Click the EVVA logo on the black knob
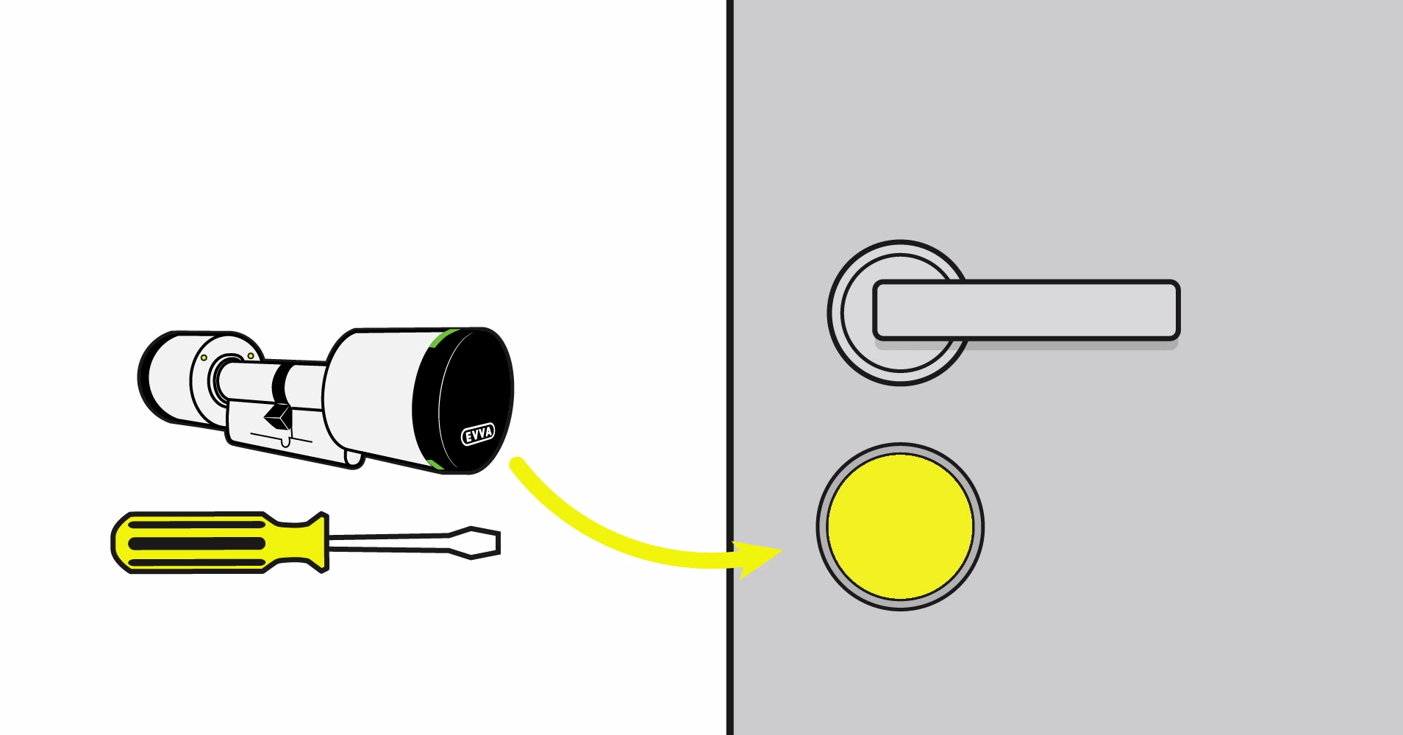(478, 434)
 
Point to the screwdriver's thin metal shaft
(390, 543)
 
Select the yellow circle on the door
(900, 526)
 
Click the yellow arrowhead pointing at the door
(761, 558)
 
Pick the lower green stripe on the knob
(435, 464)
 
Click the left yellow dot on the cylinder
(204, 358)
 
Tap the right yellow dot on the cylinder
(251, 356)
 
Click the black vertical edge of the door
(729, 221)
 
